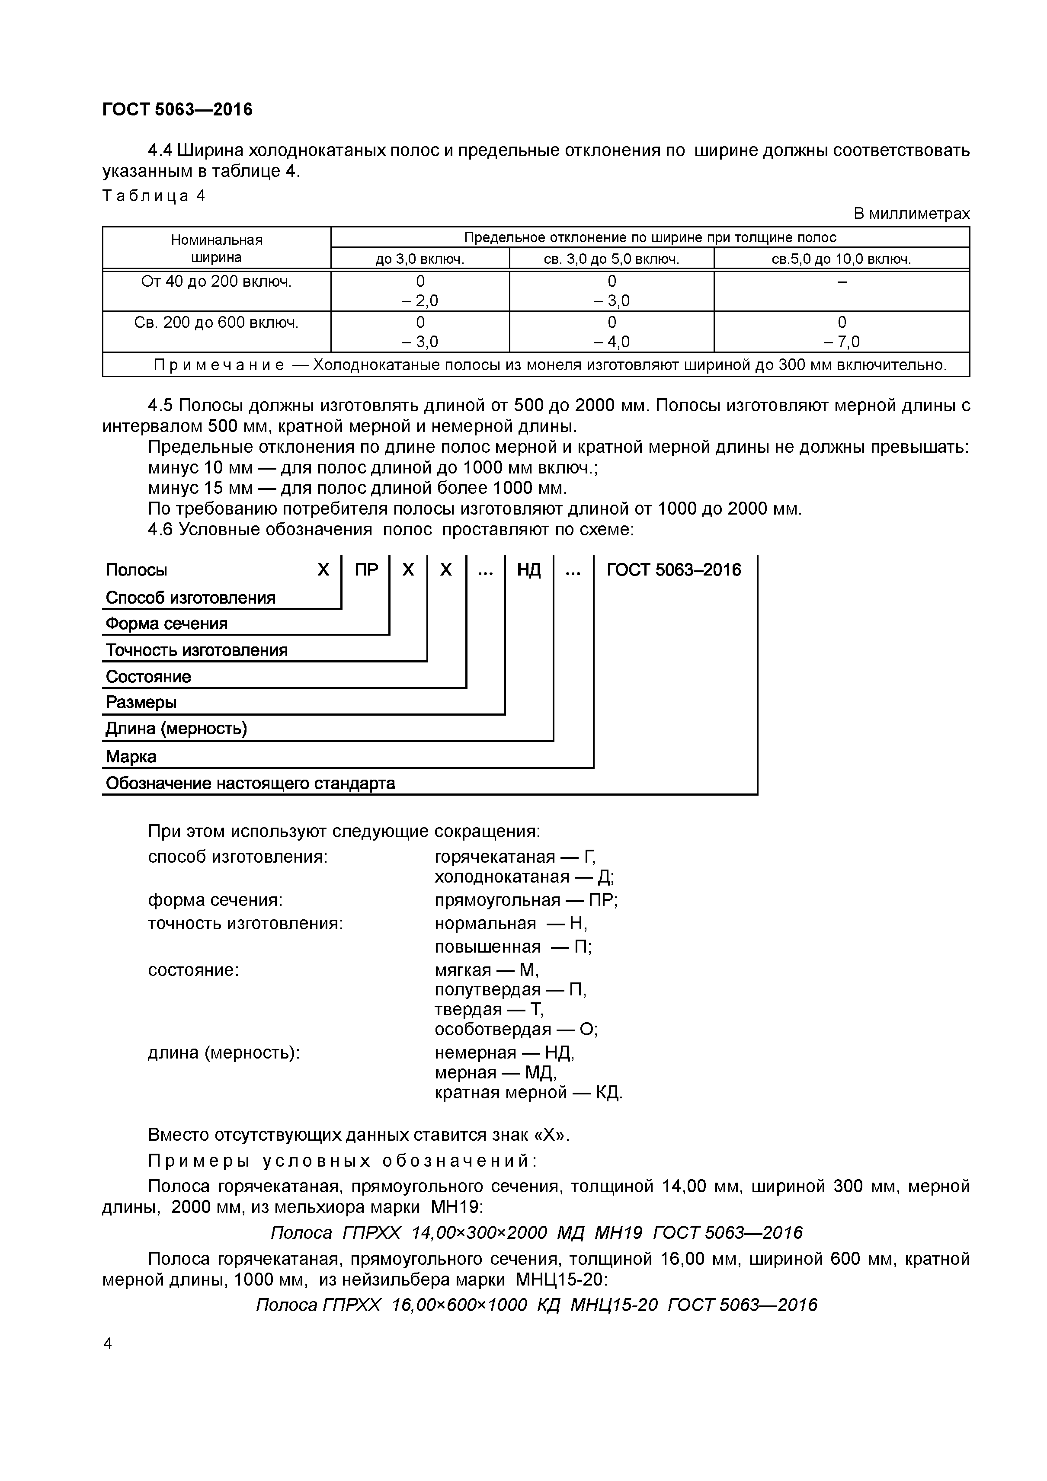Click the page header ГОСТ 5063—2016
coord(177,110)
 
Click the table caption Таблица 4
coord(154,196)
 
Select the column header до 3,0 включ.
coord(419,259)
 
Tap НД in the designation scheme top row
coord(528,569)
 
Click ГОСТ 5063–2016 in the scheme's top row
coord(674,569)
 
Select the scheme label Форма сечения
coord(166,624)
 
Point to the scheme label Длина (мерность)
coord(176,729)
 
